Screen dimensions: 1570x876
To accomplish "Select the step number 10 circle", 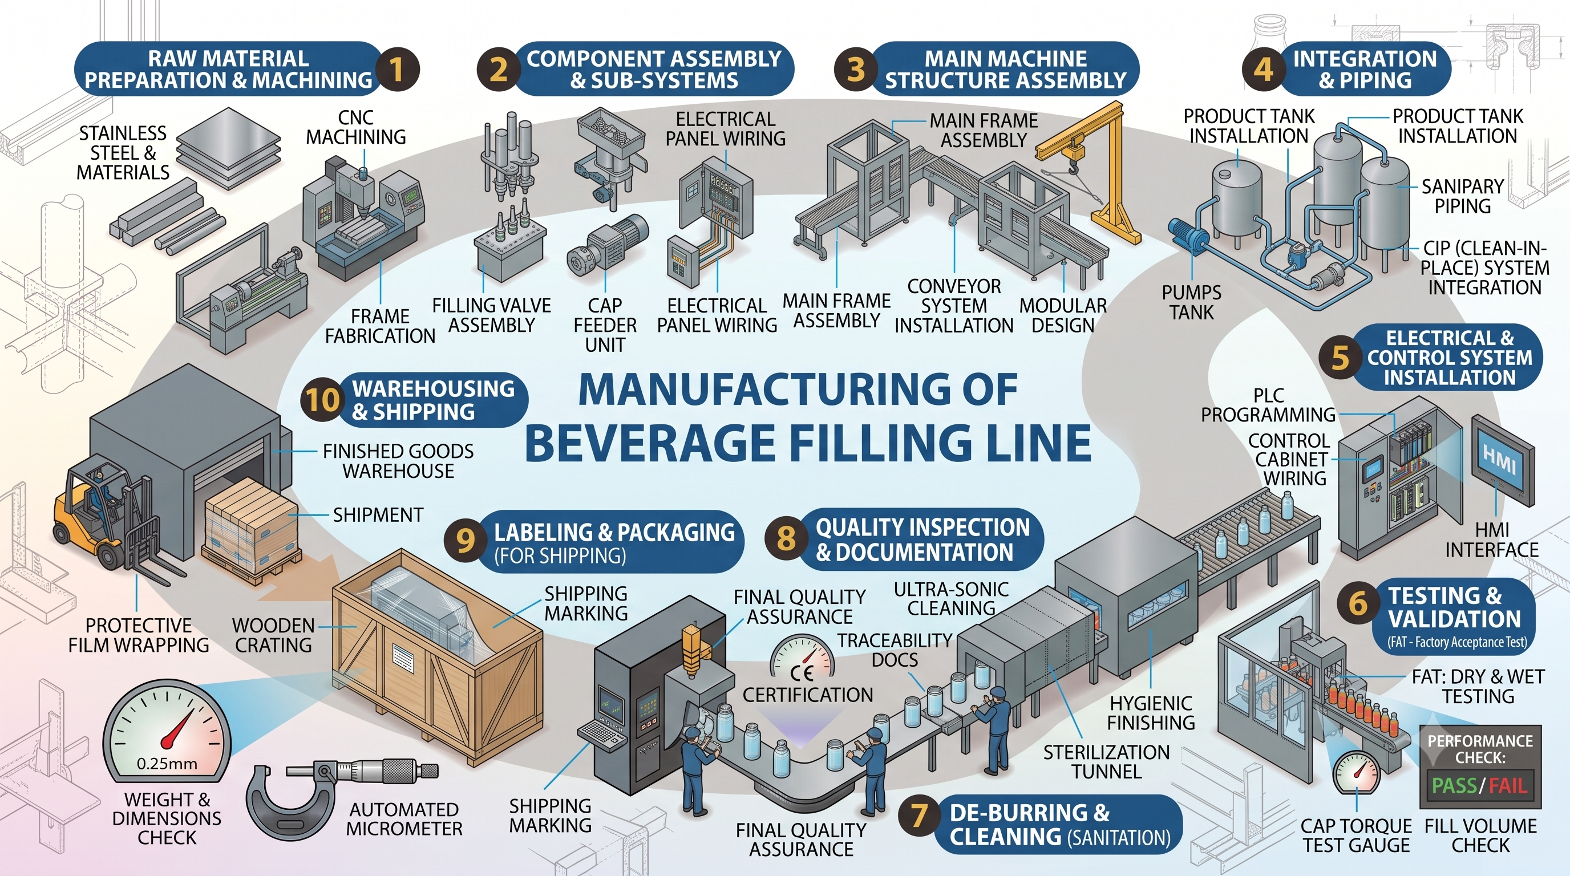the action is pos(322,400).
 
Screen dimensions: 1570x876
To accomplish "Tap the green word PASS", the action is pos(1454,786).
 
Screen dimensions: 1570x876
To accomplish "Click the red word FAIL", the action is pos(1508,786).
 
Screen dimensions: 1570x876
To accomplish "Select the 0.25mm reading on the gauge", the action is pos(167,763).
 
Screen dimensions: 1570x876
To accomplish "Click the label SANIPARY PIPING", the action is pos(1463,196).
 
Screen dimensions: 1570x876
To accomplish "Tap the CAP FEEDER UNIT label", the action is pos(605,325).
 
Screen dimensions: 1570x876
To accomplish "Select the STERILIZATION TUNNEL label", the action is pos(1106,761).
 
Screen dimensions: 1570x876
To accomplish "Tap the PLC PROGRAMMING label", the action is pos(1268,404).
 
